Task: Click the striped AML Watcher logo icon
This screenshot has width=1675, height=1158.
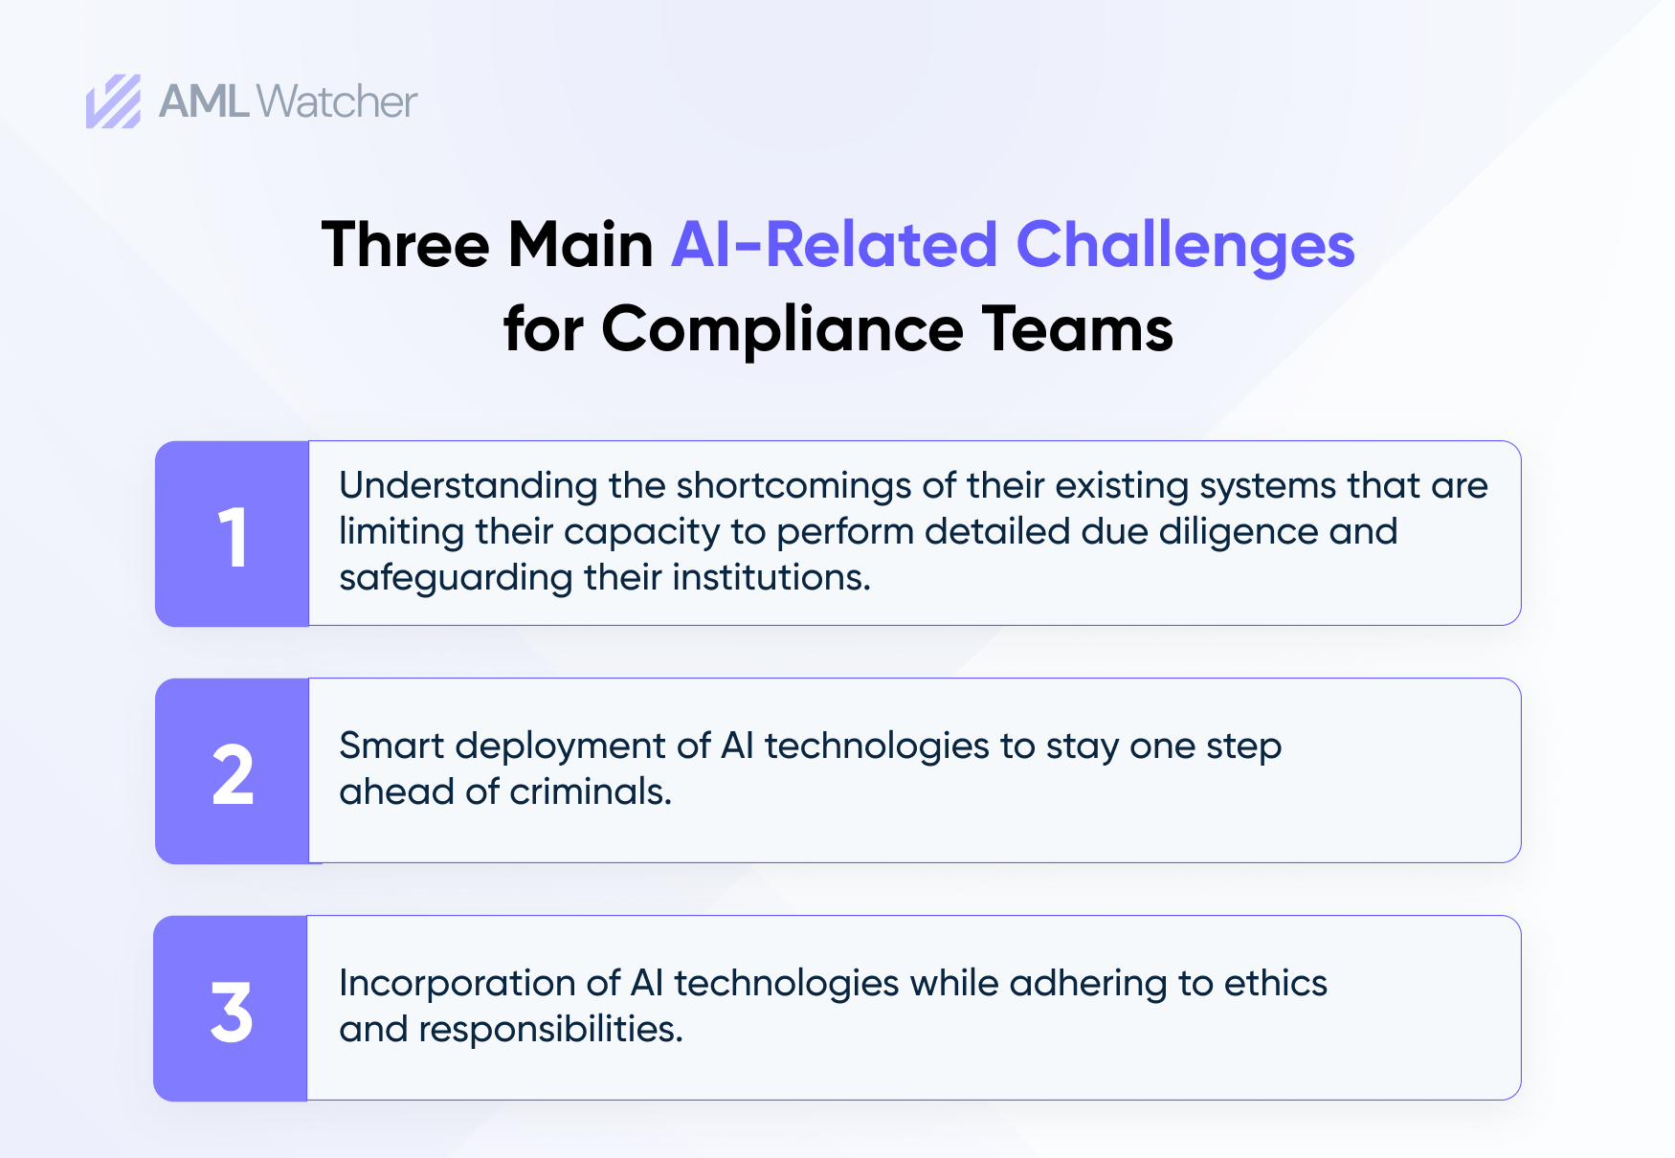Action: click(113, 101)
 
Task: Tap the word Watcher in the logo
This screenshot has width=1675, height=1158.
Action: click(337, 101)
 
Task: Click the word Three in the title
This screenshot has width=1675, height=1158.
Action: click(406, 245)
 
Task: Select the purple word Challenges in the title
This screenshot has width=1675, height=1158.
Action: click(1185, 245)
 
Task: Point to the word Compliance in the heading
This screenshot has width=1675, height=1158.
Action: click(782, 329)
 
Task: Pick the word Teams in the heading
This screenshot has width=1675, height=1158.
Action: click(1077, 329)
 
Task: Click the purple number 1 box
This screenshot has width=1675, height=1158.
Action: click(233, 534)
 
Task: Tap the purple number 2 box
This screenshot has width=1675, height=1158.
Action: click(233, 771)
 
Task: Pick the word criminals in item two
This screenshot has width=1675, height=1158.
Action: click(591, 791)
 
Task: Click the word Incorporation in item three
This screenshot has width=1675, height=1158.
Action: click(457, 984)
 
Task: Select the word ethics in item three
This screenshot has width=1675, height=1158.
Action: click(1276, 983)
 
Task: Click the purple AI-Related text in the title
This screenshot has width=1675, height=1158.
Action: click(834, 245)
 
